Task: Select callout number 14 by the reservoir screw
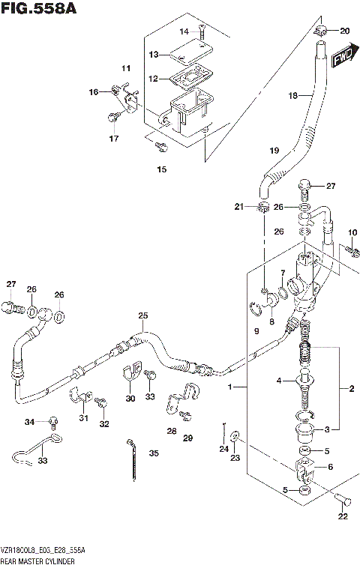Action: coord(185,31)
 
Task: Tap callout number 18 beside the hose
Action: coord(293,95)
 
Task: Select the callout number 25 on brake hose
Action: coord(142,315)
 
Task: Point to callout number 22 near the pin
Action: coord(342,516)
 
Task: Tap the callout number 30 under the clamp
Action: coord(130,399)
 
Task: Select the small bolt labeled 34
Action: coord(53,420)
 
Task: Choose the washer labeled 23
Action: coord(235,435)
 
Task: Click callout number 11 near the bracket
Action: coord(127,69)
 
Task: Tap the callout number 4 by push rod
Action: coord(277,381)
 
